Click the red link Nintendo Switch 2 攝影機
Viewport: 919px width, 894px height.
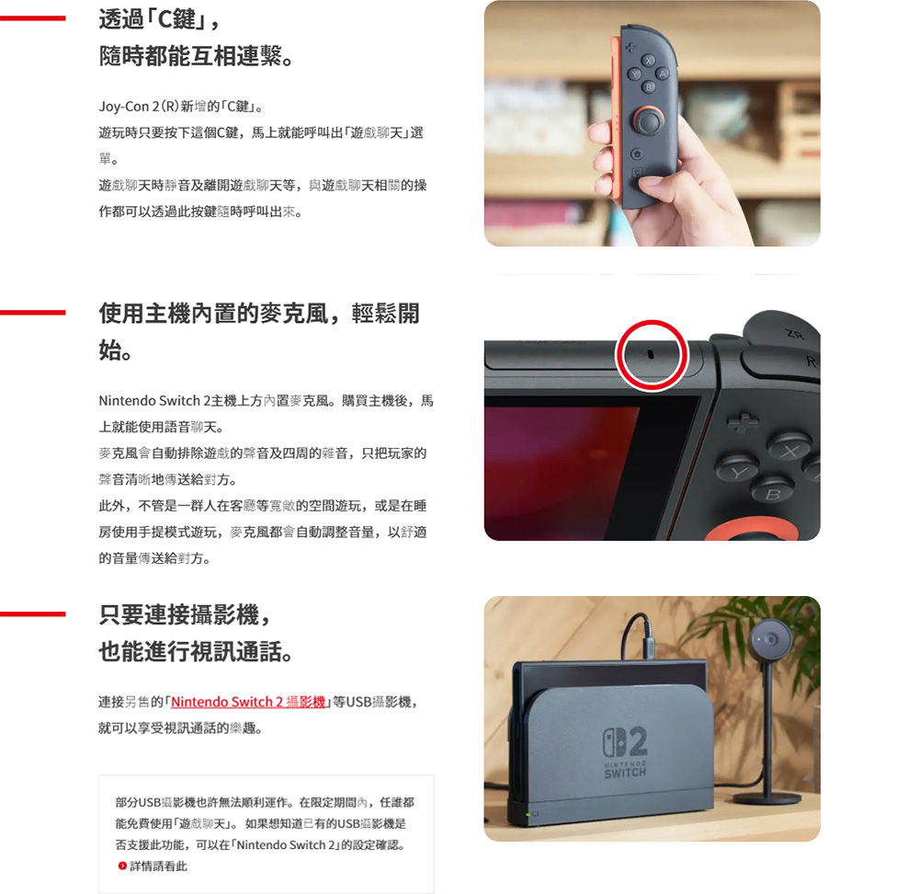[249, 702]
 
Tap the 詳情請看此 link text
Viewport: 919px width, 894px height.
[158, 865]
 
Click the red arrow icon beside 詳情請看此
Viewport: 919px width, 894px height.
[122, 865]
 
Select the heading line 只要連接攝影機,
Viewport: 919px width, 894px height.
[185, 615]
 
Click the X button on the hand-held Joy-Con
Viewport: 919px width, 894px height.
[649, 61]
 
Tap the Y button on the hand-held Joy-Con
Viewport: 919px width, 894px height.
[634, 74]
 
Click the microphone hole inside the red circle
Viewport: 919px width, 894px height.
[651, 352]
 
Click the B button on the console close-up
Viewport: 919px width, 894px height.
[773, 494]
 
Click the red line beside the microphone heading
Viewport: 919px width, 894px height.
[33, 313]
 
